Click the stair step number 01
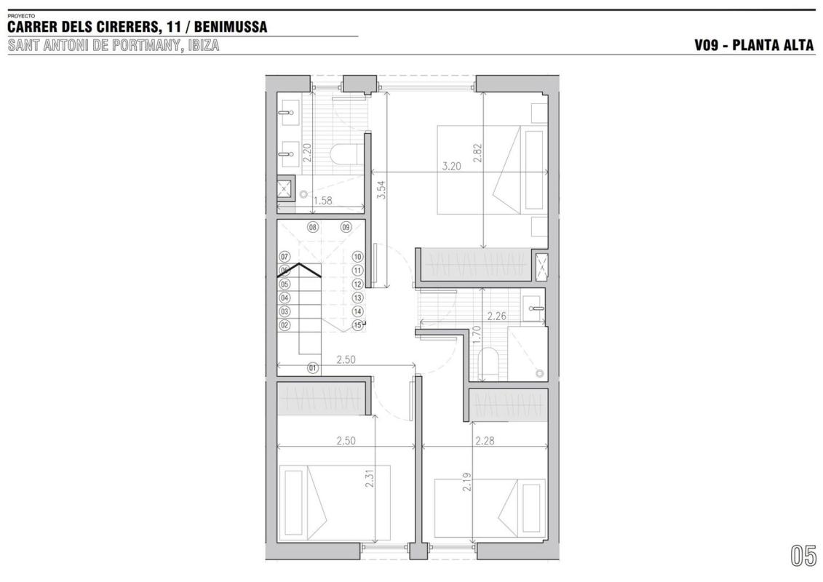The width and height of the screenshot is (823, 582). coord(313,368)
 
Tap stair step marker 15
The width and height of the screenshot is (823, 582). coord(357,325)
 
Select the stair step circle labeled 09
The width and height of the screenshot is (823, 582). coord(346,227)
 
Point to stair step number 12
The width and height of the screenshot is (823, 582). coord(357,284)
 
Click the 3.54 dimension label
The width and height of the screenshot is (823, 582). coord(382,189)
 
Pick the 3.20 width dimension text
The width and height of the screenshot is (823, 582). coord(451,167)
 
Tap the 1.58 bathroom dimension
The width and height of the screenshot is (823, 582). coord(323,200)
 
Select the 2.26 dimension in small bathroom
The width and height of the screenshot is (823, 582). coord(497,316)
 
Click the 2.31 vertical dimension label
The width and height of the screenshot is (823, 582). coord(370,478)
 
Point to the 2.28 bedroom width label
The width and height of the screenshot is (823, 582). coord(485,441)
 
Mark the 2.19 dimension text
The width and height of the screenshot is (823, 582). coord(466,482)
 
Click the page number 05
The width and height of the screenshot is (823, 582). coord(803,556)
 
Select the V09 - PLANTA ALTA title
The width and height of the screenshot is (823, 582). coord(755,45)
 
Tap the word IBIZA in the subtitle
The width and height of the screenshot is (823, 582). coord(202,45)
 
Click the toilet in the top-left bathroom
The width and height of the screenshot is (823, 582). coord(344,154)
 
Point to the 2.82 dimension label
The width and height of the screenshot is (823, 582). coord(477,153)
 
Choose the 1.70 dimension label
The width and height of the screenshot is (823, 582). coord(477,335)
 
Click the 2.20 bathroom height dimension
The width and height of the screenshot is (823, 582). coord(307,152)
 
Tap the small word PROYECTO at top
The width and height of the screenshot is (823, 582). coord(21,16)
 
